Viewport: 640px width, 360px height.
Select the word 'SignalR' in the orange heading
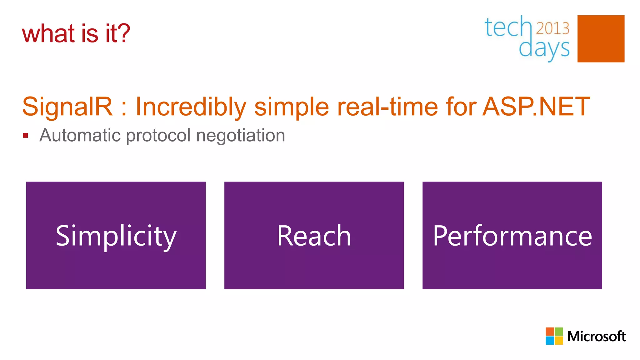67,107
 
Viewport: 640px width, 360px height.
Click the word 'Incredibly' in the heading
191,107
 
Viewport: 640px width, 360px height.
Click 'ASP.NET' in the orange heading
536,107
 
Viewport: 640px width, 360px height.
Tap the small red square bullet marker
26,136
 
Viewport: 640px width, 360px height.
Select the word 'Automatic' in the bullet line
80,135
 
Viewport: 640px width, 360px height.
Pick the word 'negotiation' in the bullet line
241,135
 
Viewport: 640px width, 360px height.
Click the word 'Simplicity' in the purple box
116,236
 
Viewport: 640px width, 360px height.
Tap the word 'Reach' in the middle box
314,236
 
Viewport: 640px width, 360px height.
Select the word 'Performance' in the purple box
512,236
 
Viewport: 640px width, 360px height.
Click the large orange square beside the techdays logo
601,39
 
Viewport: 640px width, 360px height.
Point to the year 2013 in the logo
552,28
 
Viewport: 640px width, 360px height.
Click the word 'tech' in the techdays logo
507,27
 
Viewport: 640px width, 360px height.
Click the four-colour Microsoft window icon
554,336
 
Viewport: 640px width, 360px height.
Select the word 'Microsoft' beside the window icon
596,336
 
